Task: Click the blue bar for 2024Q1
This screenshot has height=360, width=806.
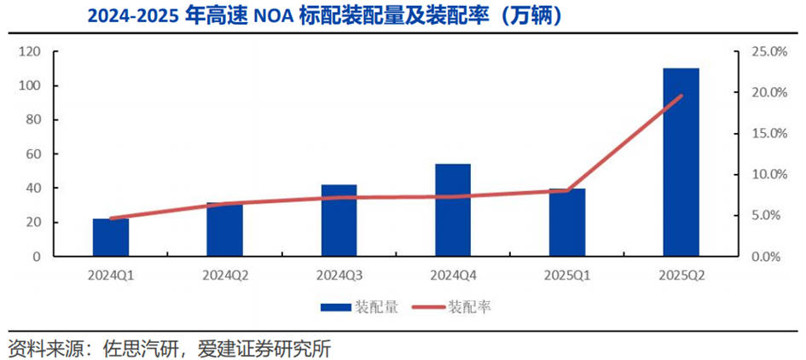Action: point(111,237)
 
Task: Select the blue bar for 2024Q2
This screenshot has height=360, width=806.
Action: point(225,229)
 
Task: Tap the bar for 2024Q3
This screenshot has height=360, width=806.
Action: point(339,220)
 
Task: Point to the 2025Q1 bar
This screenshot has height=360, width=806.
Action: point(567,223)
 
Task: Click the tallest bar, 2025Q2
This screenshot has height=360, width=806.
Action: point(681,162)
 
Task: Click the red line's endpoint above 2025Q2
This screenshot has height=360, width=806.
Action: point(681,96)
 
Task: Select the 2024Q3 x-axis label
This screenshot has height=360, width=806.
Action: point(339,276)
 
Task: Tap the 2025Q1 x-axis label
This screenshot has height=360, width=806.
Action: point(567,276)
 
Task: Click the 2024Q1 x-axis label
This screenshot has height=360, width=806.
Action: point(111,276)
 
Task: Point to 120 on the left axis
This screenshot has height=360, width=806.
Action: point(30,52)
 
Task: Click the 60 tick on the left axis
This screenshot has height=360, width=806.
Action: point(33,154)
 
